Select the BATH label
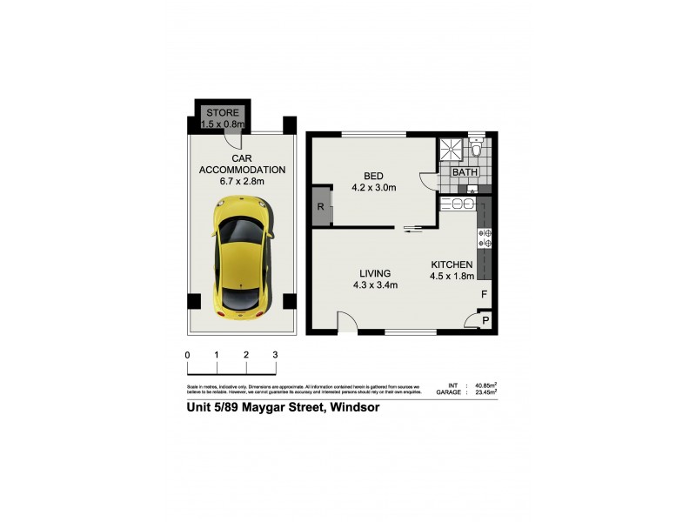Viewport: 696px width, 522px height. coord(464,173)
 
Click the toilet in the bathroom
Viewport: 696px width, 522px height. coord(475,149)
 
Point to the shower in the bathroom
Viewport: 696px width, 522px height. coord(450,150)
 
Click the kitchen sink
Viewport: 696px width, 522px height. coord(461,205)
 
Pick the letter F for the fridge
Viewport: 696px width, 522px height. coord(485,295)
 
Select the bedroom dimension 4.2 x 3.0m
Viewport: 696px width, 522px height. coord(373,188)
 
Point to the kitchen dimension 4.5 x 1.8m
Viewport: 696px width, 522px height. coord(451,277)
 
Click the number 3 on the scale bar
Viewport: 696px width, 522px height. coord(275,355)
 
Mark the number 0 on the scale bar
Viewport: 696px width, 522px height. coord(188,355)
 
